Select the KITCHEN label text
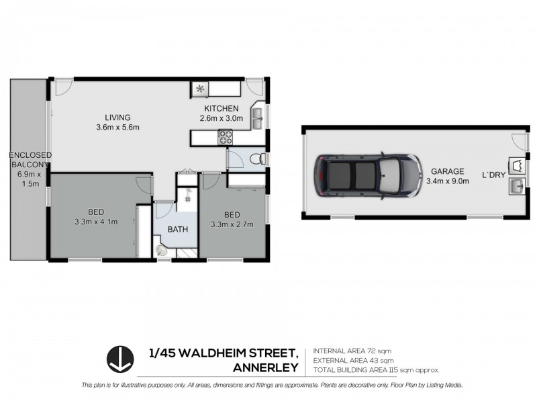222,109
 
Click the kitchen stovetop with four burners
225,138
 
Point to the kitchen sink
257,120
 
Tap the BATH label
178,229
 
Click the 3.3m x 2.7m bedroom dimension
232,224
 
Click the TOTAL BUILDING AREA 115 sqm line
376,370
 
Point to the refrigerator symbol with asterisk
200,89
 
